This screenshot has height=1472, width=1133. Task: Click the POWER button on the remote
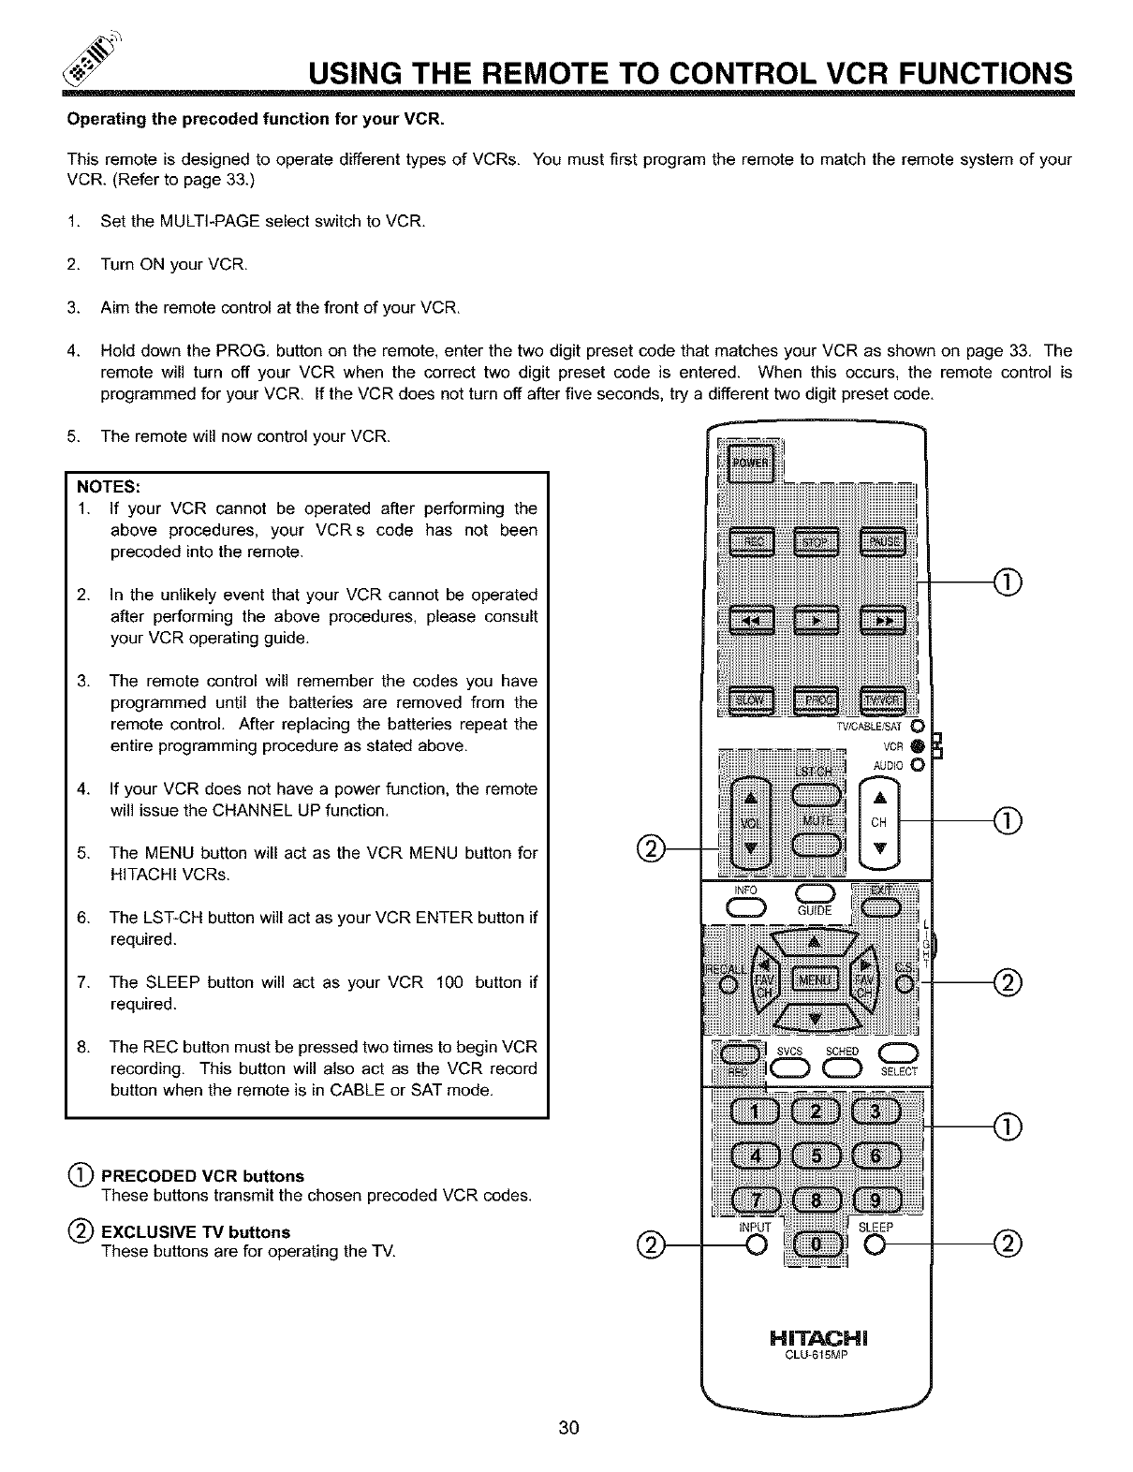pos(748,464)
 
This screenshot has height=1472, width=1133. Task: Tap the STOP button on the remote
pos(817,542)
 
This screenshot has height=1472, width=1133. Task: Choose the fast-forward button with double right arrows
pos(881,620)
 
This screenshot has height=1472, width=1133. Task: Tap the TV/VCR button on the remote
pos(881,700)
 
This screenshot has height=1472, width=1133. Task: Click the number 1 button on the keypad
pos(750,1111)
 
